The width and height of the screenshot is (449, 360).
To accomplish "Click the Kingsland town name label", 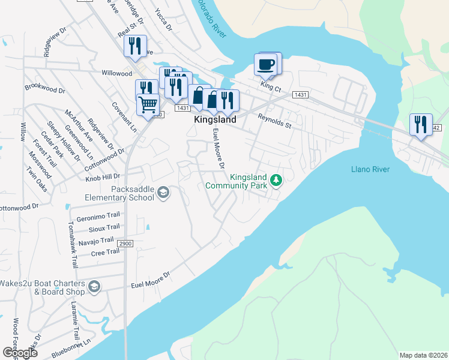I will [x=215, y=120].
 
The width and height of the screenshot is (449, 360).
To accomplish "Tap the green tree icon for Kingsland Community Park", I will [x=276, y=180].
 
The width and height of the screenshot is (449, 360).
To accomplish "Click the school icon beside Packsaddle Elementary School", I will [x=163, y=193].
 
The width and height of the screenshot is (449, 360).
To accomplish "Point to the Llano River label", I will [x=370, y=169].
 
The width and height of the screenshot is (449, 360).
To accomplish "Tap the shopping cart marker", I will [x=148, y=104].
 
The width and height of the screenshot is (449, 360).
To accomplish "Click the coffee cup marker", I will [x=265, y=63].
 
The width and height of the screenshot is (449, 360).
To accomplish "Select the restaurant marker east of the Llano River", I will [x=420, y=124].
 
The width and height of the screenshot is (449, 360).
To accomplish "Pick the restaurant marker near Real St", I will [x=134, y=46].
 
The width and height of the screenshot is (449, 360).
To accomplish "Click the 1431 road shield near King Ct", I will [x=301, y=95].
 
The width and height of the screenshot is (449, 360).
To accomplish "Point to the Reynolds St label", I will [x=274, y=122].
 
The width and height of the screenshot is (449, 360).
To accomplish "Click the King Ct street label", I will [x=271, y=87].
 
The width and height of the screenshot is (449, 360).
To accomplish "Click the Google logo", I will [x=20, y=352].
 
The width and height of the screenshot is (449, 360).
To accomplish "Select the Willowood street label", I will [x=116, y=73].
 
